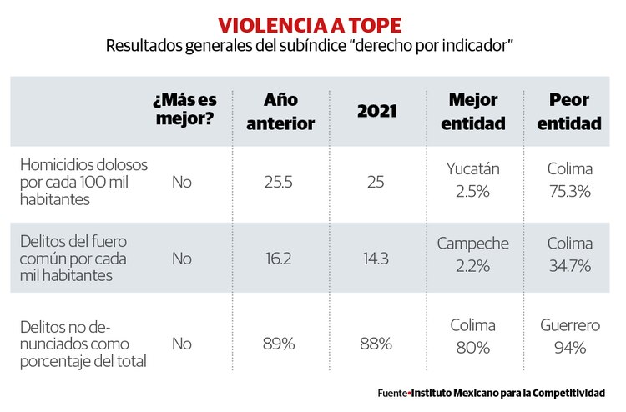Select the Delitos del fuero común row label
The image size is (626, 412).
click(73, 259)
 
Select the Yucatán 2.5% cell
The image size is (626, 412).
click(472, 180)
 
